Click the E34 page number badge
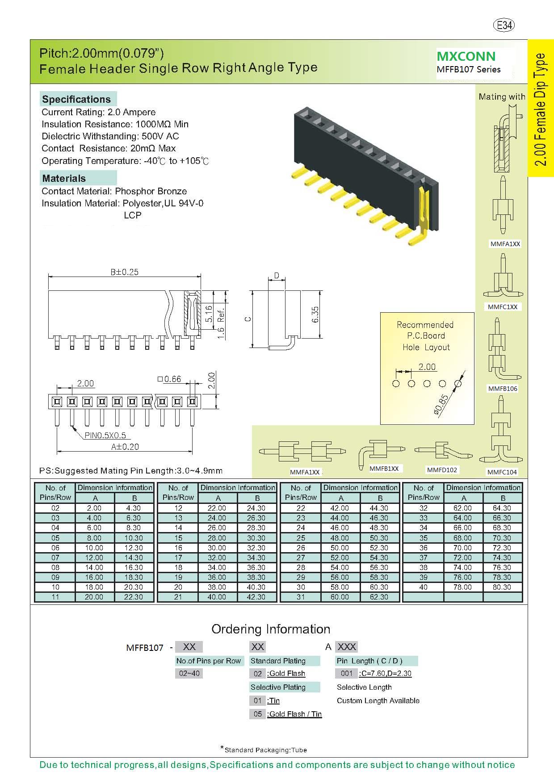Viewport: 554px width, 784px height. (x=504, y=25)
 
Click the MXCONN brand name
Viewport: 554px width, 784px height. (x=466, y=56)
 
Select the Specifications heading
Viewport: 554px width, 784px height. (x=76, y=99)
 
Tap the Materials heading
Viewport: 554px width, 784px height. (x=64, y=178)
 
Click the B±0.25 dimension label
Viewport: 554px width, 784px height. (x=124, y=272)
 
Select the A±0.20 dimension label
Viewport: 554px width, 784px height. (x=125, y=446)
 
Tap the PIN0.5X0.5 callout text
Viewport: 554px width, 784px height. (x=105, y=435)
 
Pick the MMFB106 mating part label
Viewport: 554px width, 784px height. (x=503, y=389)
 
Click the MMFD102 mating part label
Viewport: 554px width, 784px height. (x=442, y=470)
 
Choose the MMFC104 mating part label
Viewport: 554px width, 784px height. (x=502, y=472)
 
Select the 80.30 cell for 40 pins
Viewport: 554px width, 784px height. (x=502, y=587)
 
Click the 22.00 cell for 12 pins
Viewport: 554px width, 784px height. (x=217, y=508)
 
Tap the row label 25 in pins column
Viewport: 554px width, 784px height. (x=301, y=538)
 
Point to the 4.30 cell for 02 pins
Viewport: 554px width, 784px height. (x=133, y=508)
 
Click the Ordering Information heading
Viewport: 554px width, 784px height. (x=271, y=629)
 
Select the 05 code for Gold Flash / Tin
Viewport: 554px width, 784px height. (x=258, y=714)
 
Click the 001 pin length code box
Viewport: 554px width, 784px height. (x=346, y=673)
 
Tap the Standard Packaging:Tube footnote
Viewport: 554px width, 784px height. (x=265, y=750)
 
